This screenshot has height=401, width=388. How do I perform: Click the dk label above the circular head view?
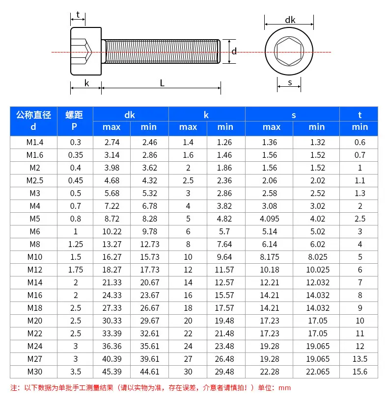[290, 20]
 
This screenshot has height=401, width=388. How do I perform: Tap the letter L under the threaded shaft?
[162, 83]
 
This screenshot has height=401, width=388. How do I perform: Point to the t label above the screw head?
[78, 15]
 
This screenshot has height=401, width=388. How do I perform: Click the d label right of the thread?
[234, 51]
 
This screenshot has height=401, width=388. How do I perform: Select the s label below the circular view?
[290, 83]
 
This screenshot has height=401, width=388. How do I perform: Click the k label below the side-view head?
[86, 83]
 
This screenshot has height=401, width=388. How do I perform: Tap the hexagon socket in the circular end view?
[289, 51]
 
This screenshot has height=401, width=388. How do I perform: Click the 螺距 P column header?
[74, 121]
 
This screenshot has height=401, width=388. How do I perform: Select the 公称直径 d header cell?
[33, 121]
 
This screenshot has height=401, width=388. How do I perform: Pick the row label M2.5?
[35, 180]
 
